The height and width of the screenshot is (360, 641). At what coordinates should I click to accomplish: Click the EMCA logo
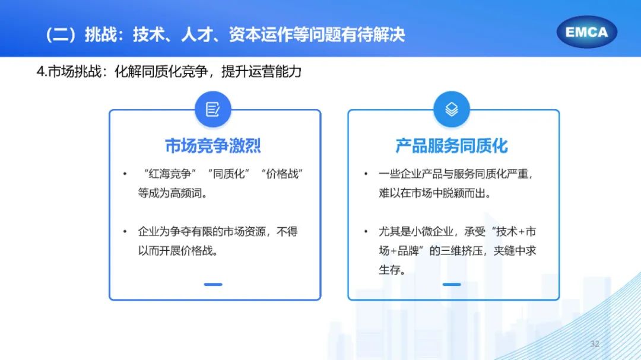pos(586,32)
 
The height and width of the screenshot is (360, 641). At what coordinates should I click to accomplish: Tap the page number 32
pos(595,344)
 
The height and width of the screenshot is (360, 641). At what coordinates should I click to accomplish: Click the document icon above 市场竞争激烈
pos(213,109)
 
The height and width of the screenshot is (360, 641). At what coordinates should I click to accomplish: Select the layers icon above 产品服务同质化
pos(451,109)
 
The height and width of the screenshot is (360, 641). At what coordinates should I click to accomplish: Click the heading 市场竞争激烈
pos(213,146)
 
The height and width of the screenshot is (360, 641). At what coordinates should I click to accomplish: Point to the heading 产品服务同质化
pos(452,146)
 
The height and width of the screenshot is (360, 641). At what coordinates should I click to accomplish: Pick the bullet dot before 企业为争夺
pos(125,232)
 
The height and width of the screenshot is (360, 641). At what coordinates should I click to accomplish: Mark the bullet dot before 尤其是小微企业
pos(366,232)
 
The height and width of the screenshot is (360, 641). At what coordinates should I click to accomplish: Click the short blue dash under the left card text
pos(213,284)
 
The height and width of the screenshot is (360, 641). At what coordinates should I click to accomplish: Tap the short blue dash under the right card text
pos(451,284)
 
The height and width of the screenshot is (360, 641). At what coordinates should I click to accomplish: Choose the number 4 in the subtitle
pos(40,72)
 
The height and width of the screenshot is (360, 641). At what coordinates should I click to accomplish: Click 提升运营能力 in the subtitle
pos(261,72)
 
